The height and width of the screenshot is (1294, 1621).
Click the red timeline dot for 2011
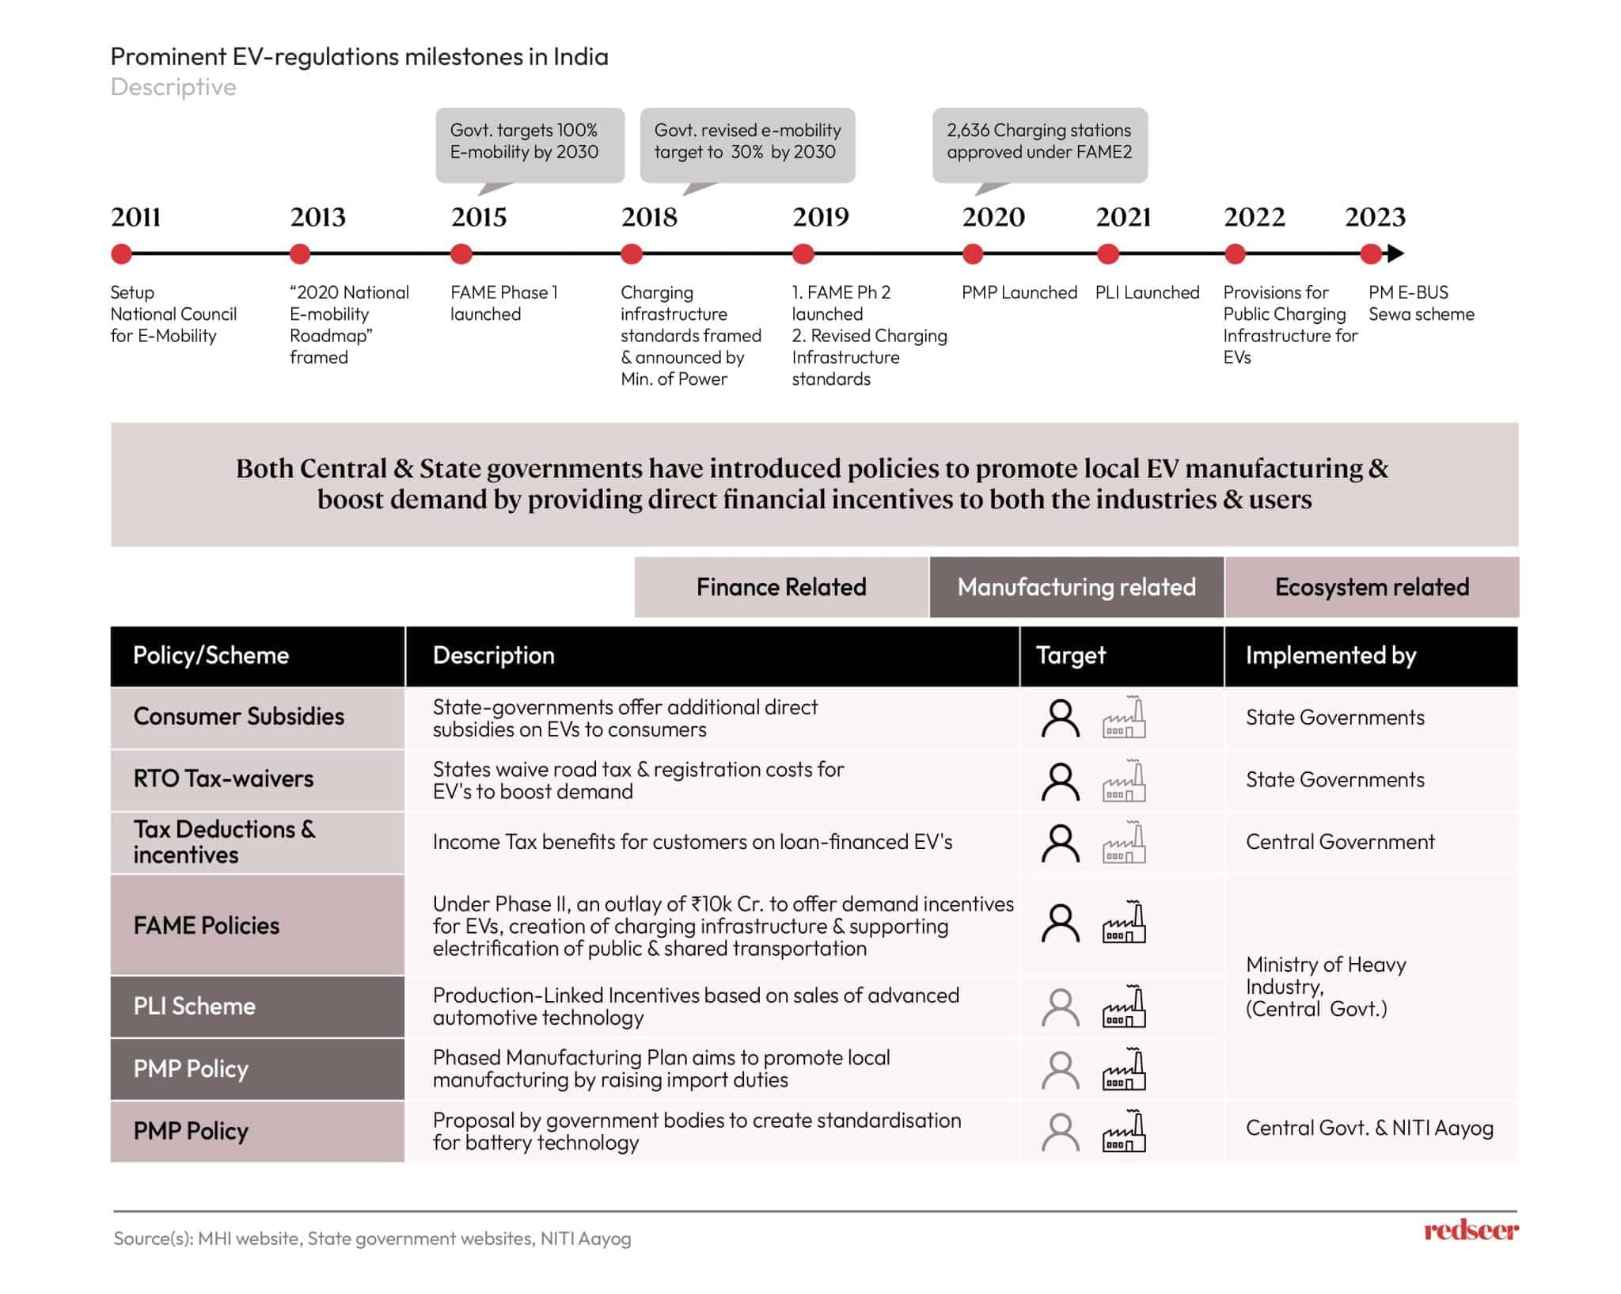click(x=121, y=254)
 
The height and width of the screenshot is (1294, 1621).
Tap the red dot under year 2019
click(x=803, y=254)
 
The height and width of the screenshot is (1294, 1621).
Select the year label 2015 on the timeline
click(x=479, y=217)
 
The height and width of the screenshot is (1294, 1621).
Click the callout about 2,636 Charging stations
click(x=1039, y=142)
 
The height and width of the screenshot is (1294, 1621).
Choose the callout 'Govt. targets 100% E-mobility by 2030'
click(x=530, y=142)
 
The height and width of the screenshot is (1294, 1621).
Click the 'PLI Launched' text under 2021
click(x=1147, y=292)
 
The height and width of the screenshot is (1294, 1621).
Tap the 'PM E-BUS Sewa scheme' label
click(x=1421, y=303)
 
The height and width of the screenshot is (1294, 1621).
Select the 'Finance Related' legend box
click(x=781, y=587)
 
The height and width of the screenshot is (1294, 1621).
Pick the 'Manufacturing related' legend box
click(x=1076, y=587)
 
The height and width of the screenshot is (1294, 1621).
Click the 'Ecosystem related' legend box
click(x=1372, y=587)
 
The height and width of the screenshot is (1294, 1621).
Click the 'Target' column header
click(x=1070, y=656)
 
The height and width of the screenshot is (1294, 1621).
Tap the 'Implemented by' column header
click(x=1331, y=656)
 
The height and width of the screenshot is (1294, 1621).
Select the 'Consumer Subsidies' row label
click(x=238, y=717)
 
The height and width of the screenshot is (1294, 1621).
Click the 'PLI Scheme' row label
click(x=195, y=1007)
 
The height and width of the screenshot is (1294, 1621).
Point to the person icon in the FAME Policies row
click(x=1060, y=923)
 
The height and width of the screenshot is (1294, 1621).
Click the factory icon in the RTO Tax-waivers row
click(x=1124, y=781)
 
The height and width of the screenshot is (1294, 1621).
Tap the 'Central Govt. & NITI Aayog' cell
click(x=1369, y=1128)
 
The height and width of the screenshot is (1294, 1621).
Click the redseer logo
click(x=1471, y=1231)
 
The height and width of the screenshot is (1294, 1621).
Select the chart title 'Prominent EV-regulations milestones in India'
click(x=359, y=57)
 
